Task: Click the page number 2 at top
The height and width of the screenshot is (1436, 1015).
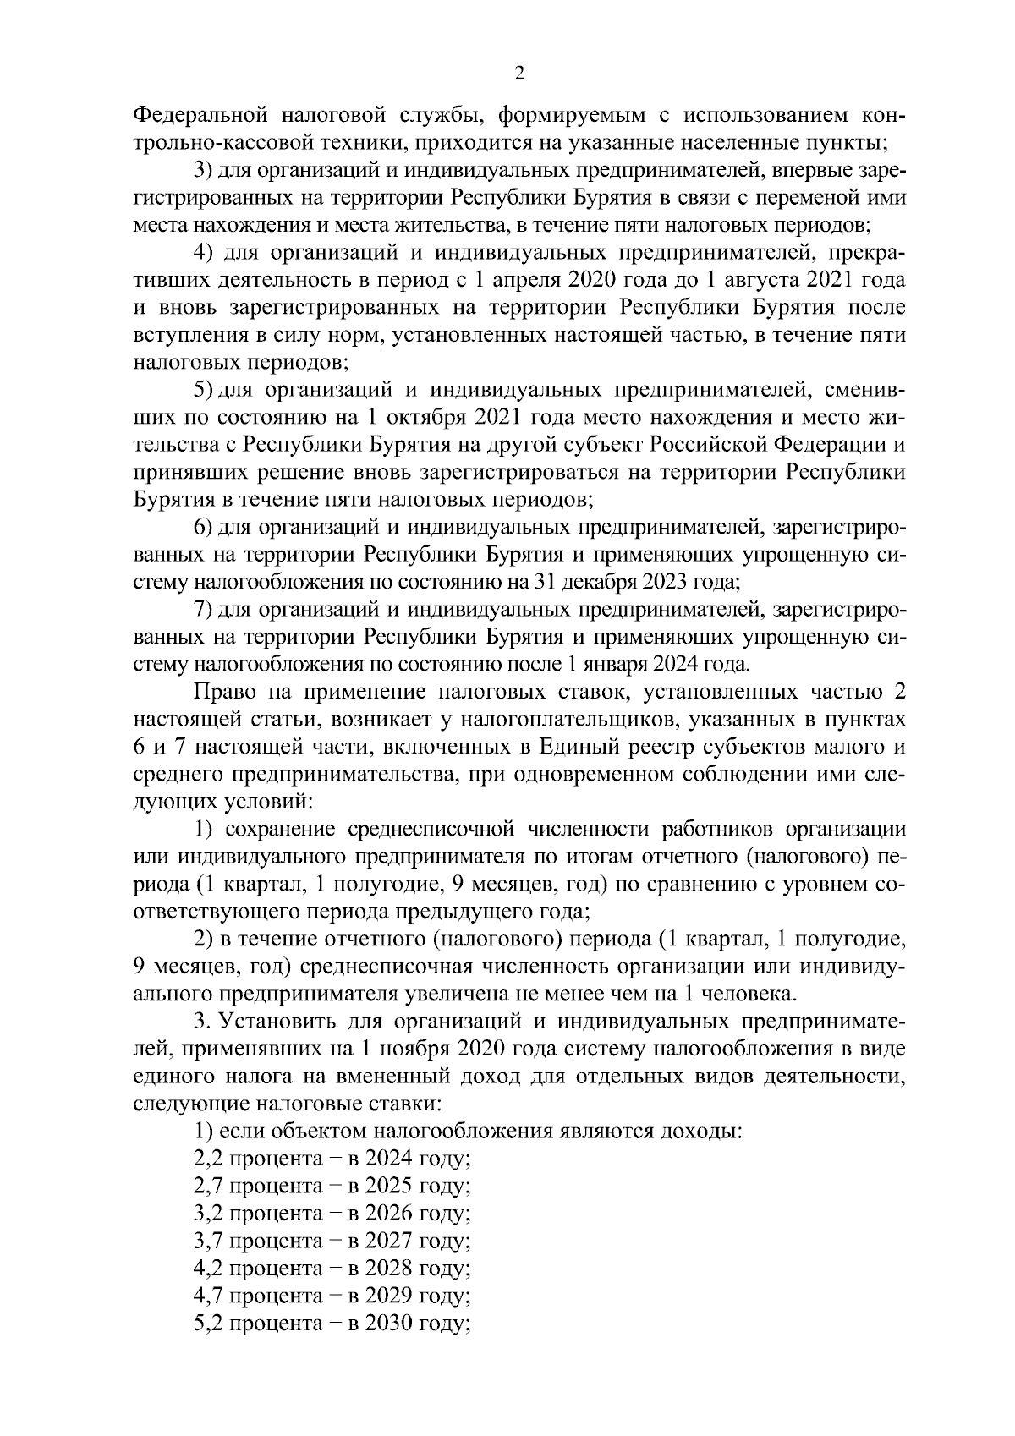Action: (x=519, y=74)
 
